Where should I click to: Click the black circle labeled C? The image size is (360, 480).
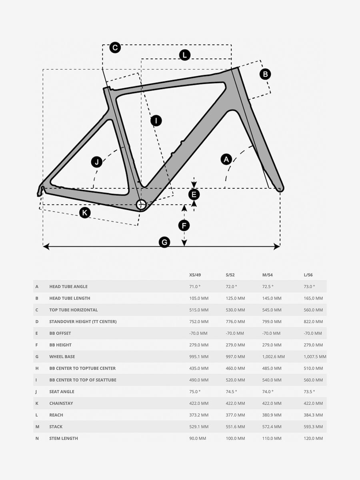pos(115,48)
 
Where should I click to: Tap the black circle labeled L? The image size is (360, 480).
pos(184,55)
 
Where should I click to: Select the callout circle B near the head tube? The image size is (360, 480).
pos(265,74)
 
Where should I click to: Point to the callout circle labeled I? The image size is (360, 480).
pos(156,120)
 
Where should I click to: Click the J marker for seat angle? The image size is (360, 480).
pos(96,162)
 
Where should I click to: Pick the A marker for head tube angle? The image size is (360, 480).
pos(226,159)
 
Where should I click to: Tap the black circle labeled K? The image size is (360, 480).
pos(84,212)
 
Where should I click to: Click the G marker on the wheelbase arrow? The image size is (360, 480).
pos(164,242)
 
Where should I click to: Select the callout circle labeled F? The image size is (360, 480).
pos(184,226)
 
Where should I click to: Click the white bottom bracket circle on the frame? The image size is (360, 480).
pos(141,205)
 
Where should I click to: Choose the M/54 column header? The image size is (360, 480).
pos(268,275)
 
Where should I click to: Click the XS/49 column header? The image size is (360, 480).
pos(195,275)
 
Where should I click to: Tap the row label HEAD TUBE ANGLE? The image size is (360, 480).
pos(68,286)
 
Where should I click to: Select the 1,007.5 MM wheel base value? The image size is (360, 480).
pos(315,356)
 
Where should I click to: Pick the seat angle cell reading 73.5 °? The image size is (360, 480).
pos(309,392)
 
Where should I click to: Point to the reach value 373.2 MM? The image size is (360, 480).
pos(199,415)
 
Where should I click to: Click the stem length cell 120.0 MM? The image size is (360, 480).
pos(313,438)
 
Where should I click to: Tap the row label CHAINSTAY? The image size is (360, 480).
pos(61,403)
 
